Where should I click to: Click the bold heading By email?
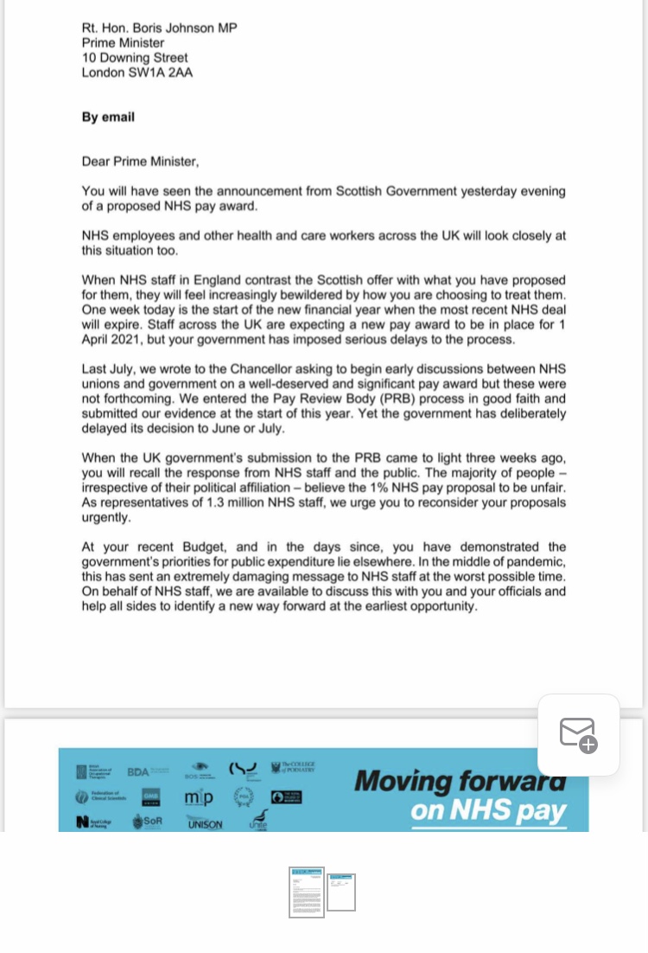(x=108, y=117)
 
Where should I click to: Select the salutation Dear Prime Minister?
(x=140, y=161)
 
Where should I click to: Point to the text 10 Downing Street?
(x=135, y=58)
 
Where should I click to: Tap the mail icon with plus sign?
(x=578, y=735)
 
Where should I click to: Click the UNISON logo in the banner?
(x=205, y=823)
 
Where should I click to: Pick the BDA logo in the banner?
(x=138, y=771)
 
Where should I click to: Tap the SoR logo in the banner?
(x=149, y=822)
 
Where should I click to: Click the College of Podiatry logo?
(x=294, y=767)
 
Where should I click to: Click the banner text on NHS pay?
(x=488, y=811)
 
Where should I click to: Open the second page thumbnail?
(x=341, y=892)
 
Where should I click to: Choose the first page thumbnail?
(x=307, y=892)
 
